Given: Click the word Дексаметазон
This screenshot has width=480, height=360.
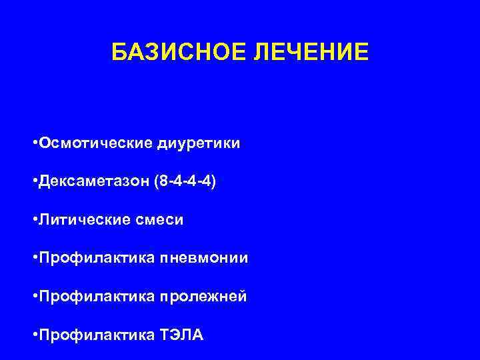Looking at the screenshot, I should pos(93,181).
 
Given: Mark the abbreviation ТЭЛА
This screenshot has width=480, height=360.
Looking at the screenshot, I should pos(182,333).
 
